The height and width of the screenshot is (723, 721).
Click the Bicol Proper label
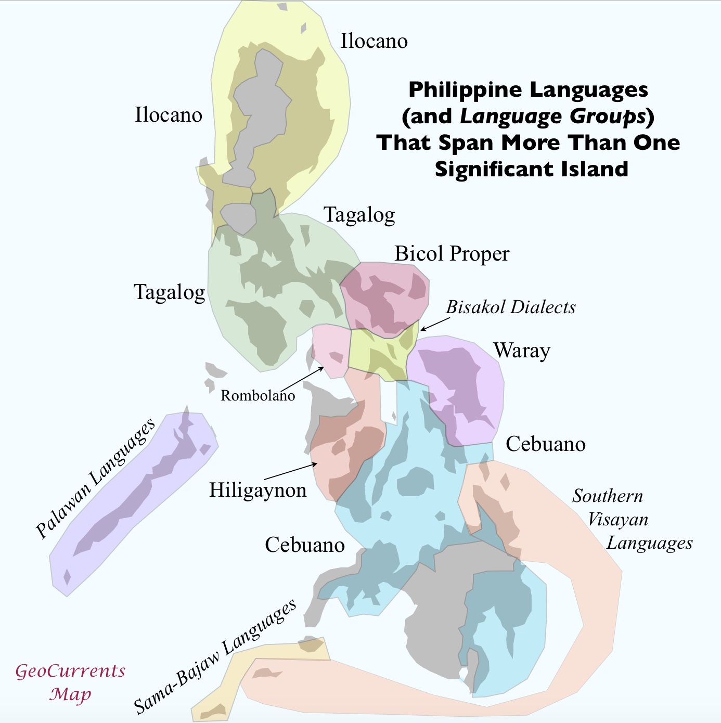[x=452, y=254]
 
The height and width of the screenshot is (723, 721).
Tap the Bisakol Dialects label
[x=511, y=307]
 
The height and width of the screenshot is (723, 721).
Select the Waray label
[x=522, y=351]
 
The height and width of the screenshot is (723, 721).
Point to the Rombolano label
[x=257, y=396]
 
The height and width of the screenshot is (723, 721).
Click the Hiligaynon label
[x=257, y=490]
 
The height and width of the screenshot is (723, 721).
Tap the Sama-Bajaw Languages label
[x=215, y=656]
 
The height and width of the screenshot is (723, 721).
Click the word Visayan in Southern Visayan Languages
[x=618, y=520]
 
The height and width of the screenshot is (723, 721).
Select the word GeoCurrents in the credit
[x=70, y=671]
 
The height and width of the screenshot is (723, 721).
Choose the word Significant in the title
[x=488, y=169]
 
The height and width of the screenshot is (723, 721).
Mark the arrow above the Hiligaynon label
[x=289, y=470]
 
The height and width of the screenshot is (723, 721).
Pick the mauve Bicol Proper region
[x=385, y=296]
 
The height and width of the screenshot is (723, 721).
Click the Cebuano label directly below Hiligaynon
[x=305, y=545]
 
